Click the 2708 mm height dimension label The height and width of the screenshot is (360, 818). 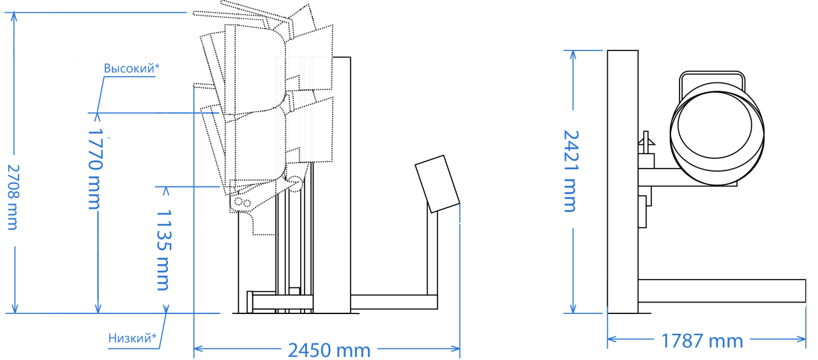click(13, 197)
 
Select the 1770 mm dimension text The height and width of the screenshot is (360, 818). click(95, 169)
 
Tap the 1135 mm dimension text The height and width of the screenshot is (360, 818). click(163, 250)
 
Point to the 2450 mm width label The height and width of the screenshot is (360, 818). click(329, 350)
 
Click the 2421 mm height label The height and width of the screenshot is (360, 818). click(571, 171)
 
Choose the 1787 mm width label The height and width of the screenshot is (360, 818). click(702, 341)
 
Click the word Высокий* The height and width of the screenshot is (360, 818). click(132, 68)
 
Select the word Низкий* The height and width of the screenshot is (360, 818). click(132, 338)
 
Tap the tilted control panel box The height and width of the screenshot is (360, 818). click(437, 184)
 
